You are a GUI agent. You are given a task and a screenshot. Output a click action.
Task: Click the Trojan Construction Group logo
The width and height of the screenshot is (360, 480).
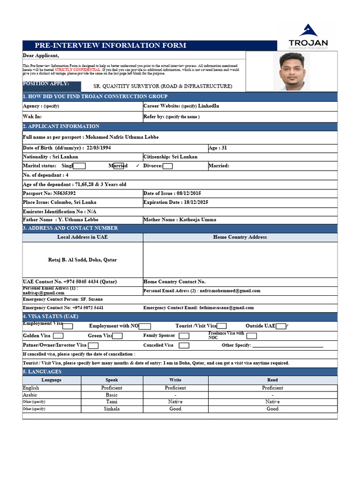tap(308, 36)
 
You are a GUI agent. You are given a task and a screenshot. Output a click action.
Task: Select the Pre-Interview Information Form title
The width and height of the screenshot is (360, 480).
tap(110, 45)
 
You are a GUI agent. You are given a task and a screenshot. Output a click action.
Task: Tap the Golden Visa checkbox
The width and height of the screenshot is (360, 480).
tap(58, 336)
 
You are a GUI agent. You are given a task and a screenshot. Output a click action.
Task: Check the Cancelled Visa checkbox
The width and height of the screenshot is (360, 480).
tap(184, 345)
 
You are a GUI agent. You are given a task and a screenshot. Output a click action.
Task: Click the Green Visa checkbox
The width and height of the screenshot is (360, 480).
tap(117, 336)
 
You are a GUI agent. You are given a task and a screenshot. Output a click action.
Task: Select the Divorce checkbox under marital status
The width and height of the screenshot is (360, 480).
tap(168, 166)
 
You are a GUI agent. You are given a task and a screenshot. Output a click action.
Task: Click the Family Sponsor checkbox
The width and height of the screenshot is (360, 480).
tap(184, 336)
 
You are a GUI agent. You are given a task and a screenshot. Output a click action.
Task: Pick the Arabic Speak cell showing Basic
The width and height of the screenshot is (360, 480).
tap(112, 395)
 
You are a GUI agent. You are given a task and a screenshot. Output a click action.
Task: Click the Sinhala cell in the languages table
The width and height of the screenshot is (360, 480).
tap(112, 409)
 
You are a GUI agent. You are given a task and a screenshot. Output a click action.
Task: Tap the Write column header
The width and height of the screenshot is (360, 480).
tap(175, 380)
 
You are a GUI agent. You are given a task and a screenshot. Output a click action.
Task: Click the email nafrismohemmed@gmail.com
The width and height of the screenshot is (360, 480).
tap(230, 291)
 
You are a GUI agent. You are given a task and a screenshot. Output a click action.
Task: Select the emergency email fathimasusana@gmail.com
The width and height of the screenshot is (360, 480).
tap(223, 308)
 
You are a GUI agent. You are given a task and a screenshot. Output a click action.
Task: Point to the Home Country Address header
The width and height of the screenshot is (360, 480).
tap(240, 237)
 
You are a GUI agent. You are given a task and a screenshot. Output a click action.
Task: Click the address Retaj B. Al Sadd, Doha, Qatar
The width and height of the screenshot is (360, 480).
tap(82, 260)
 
